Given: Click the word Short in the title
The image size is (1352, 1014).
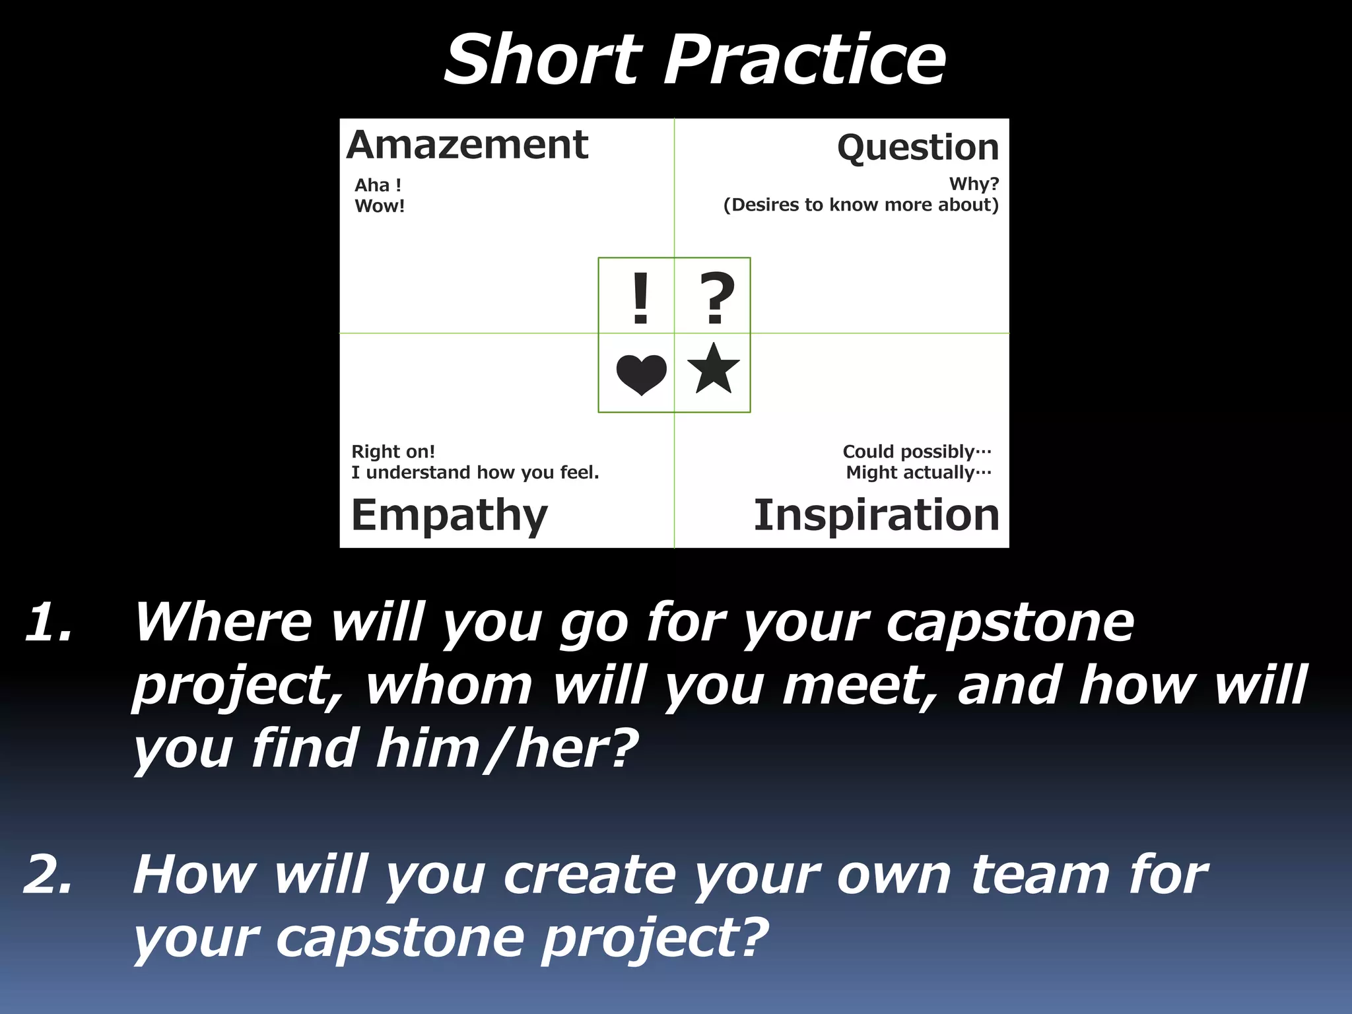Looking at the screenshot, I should tap(543, 61).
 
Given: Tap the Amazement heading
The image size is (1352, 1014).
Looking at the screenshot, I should tap(467, 145).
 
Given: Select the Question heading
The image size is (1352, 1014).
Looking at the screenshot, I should tap(918, 148).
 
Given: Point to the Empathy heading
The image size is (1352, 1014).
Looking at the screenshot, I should tap(449, 516).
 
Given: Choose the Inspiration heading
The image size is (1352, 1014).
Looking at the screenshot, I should tap(876, 516).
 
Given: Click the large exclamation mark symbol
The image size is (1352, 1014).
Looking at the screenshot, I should tap(640, 298).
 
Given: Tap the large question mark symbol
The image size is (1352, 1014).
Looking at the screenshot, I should tap(716, 298).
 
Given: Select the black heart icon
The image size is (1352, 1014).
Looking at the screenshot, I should tap(641, 374).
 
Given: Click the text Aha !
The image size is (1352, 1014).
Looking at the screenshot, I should tap(378, 186).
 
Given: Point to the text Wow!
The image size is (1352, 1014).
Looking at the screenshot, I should tap(380, 206).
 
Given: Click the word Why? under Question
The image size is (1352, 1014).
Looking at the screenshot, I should tap(974, 184).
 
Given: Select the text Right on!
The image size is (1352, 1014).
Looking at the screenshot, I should tap(393, 452).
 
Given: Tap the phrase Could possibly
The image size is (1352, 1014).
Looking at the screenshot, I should tap(916, 452).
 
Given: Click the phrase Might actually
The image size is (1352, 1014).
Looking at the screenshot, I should tap(918, 473).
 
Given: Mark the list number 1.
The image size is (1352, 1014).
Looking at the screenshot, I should tap(48, 623).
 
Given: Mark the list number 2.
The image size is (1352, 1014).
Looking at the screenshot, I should tap(48, 875).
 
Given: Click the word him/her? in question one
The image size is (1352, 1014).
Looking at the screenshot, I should tap(506, 749).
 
